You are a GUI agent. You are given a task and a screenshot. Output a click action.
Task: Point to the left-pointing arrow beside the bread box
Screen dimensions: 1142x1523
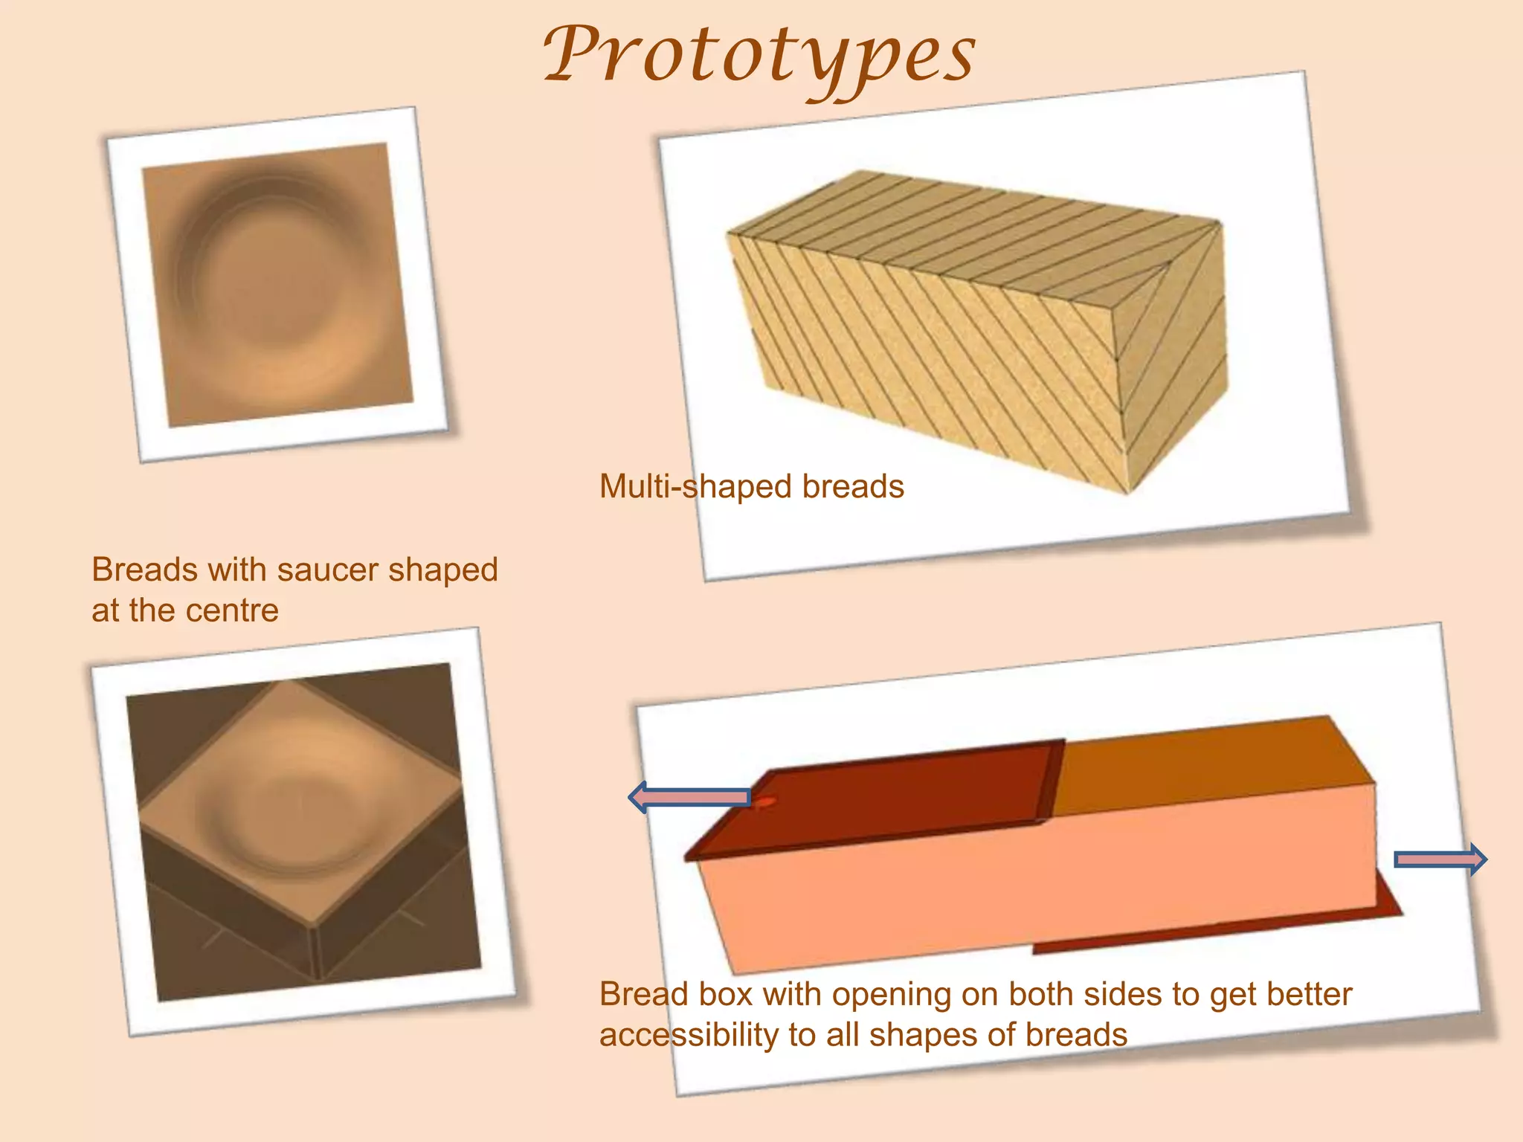[689, 798]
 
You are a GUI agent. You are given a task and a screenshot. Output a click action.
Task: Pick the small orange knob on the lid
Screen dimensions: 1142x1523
[765, 803]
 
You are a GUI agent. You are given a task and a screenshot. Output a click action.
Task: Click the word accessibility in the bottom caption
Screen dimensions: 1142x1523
[688, 1035]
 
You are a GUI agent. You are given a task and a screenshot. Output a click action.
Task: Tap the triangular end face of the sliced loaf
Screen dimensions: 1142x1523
[1171, 357]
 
